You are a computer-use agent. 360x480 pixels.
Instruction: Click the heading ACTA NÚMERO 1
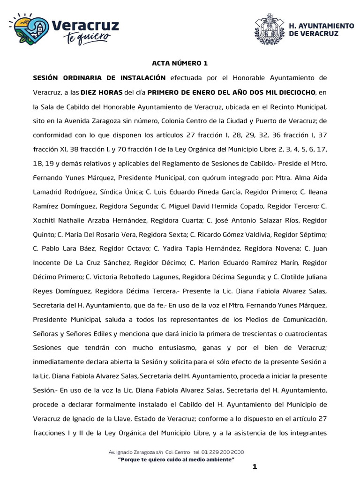[x=179, y=63]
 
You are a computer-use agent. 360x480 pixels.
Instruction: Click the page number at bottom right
[x=255, y=466]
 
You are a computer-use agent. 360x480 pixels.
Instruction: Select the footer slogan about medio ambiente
[x=176, y=460]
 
